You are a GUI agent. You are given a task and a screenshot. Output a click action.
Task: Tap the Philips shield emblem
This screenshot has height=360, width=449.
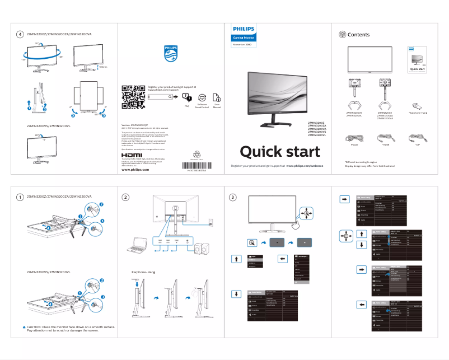171,53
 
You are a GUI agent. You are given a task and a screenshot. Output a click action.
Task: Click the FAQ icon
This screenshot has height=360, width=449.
187,97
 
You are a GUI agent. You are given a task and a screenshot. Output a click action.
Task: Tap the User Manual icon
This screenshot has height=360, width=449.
217,97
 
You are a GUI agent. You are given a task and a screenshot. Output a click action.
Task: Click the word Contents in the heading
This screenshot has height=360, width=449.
358,35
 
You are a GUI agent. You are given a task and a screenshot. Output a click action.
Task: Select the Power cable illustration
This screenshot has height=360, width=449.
354,137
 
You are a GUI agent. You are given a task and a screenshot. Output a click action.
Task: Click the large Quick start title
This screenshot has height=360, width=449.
280,152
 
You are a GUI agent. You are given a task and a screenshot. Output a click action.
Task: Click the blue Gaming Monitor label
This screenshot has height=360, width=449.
243,38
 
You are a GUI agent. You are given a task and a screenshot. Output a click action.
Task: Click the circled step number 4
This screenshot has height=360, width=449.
20,35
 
